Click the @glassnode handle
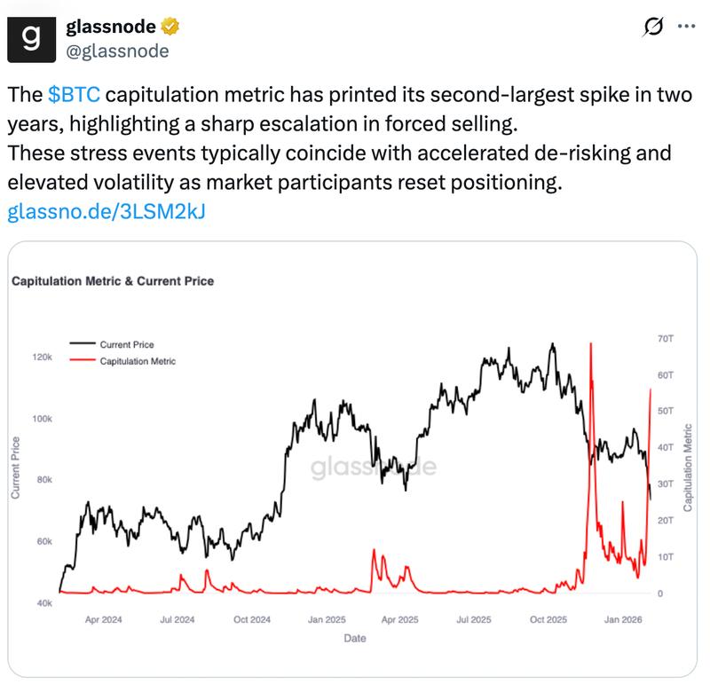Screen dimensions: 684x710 pyautogui.click(x=117, y=51)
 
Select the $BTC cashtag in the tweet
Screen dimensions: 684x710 pyautogui.click(x=75, y=94)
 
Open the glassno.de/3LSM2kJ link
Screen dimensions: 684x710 pyautogui.click(x=106, y=212)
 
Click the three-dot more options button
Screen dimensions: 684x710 pyautogui.click(x=686, y=28)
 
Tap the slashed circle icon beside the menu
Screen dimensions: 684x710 pyautogui.click(x=651, y=28)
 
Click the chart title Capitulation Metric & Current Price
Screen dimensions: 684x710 pyautogui.click(x=112, y=281)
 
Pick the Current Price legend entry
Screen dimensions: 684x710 pyautogui.click(x=126, y=344)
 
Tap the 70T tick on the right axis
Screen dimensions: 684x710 pyautogui.click(x=666, y=340)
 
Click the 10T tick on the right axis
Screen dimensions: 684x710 pyautogui.click(x=666, y=557)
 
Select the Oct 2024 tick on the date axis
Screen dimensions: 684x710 pyautogui.click(x=252, y=619)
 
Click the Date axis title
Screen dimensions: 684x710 pyautogui.click(x=355, y=638)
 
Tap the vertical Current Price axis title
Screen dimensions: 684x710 pyautogui.click(x=16, y=468)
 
